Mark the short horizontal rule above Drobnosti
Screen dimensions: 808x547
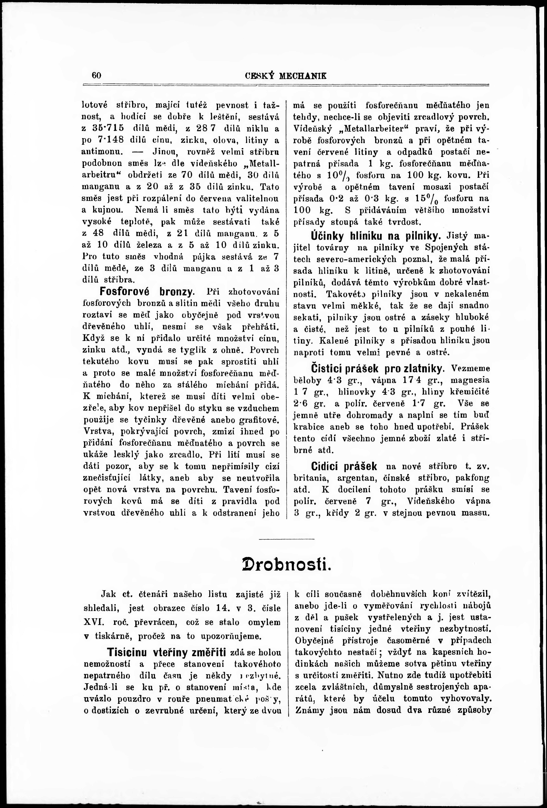(287, 539)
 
